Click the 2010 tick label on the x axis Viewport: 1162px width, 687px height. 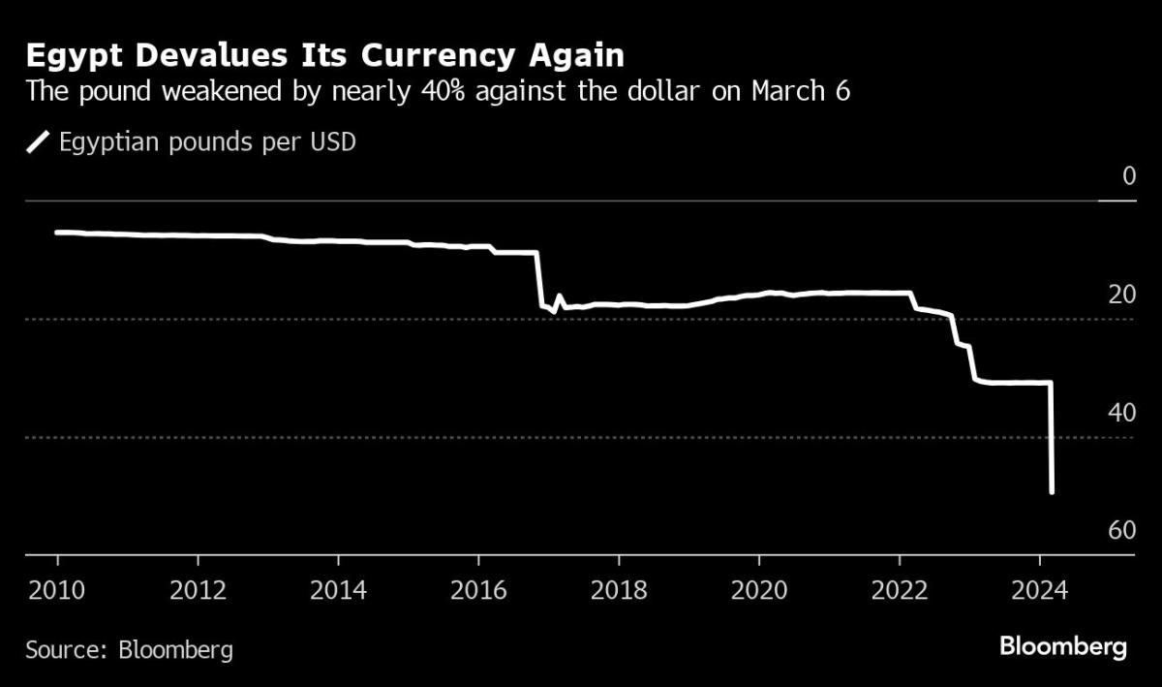[x=57, y=589]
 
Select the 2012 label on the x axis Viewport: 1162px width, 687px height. [x=198, y=589]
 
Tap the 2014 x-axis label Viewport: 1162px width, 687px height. [x=338, y=589]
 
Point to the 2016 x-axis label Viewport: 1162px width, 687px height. [x=478, y=589]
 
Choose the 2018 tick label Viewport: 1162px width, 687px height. [x=618, y=589]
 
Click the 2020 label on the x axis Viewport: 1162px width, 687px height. [x=758, y=589]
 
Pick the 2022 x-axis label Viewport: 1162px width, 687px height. [x=899, y=589]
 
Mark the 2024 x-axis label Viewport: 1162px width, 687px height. [x=1039, y=589]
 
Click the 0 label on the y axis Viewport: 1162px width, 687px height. [x=1128, y=176]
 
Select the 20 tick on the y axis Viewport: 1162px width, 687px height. [x=1122, y=295]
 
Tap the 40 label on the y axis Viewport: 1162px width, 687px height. [x=1122, y=413]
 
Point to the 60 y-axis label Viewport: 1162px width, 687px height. [x=1122, y=531]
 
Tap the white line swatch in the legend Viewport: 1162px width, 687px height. [x=39, y=143]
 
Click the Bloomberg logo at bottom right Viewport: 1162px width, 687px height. [x=1063, y=647]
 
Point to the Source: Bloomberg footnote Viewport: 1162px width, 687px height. [x=130, y=648]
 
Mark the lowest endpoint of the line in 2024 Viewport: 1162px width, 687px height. [x=1052, y=492]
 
